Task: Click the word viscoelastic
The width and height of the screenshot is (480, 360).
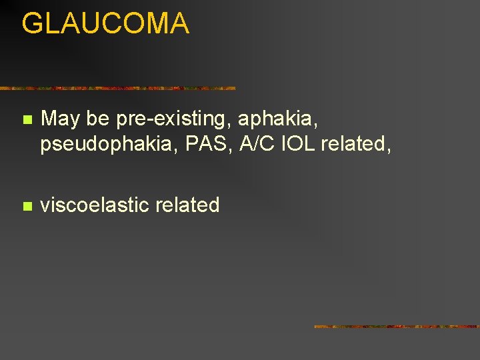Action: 94,205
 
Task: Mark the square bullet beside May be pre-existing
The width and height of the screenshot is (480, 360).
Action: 26,121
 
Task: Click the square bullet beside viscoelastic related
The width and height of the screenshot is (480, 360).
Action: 26,206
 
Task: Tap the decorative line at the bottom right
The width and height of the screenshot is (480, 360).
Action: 396,327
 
